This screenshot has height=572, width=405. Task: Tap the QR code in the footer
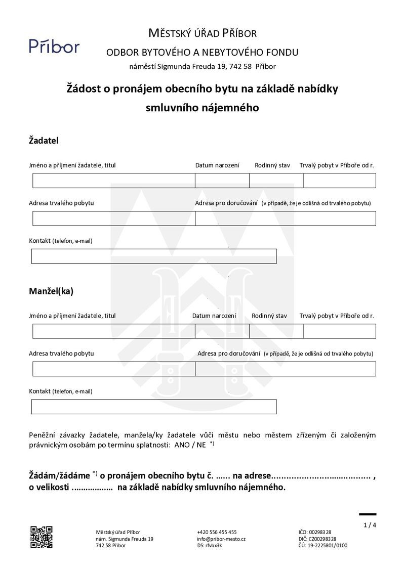pyautogui.click(x=42, y=537)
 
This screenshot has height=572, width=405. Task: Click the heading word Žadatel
pyautogui.click(x=44, y=141)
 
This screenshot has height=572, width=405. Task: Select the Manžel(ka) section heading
pyautogui.click(x=51, y=291)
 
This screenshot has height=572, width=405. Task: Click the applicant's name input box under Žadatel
pyautogui.click(x=114, y=181)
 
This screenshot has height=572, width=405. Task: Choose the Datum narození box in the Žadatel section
pyautogui.click(x=222, y=181)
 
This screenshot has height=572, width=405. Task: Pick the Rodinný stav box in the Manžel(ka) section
pyautogui.click(x=276, y=331)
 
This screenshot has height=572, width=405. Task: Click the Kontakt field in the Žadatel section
pyautogui.click(x=154, y=256)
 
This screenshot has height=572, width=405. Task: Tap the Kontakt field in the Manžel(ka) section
pyautogui.click(x=154, y=407)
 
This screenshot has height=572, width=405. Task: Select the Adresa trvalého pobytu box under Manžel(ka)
pyautogui.click(x=114, y=369)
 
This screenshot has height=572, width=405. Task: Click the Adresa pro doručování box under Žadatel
pyautogui.click(x=286, y=218)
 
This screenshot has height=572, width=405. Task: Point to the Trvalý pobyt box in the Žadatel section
pyautogui.click(x=340, y=181)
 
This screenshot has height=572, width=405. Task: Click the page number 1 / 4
pyautogui.click(x=370, y=525)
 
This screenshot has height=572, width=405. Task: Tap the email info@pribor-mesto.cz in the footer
pyautogui.click(x=221, y=539)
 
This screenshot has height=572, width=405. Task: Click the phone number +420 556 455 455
pyautogui.click(x=217, y=532)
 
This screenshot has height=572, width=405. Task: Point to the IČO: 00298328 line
pyautogui.click(x=315, y=532)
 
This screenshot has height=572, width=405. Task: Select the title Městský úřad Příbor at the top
pyautogui.click(x=202, y=33)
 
